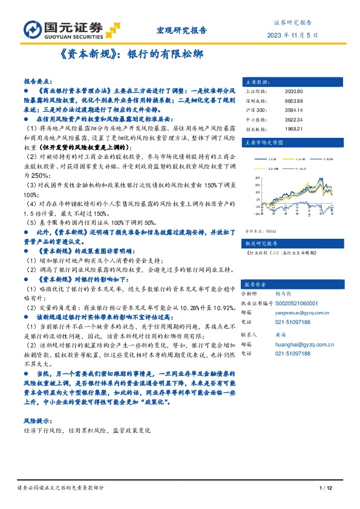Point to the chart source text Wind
coord(271,231)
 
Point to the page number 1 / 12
coord(326,488)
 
